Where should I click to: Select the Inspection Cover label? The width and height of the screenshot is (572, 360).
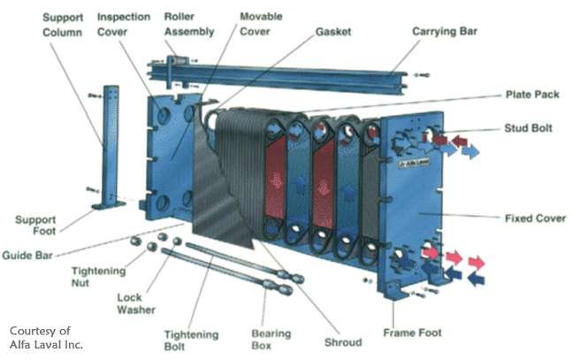(123, 25)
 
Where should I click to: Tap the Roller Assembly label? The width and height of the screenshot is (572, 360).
(190, 25)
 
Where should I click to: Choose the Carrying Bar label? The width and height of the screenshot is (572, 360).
(446, 32)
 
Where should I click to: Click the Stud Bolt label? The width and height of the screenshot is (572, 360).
(529, 128)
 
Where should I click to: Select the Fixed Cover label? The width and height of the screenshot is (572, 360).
(535, 218)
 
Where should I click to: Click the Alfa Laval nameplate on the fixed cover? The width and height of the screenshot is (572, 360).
(411, 164)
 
